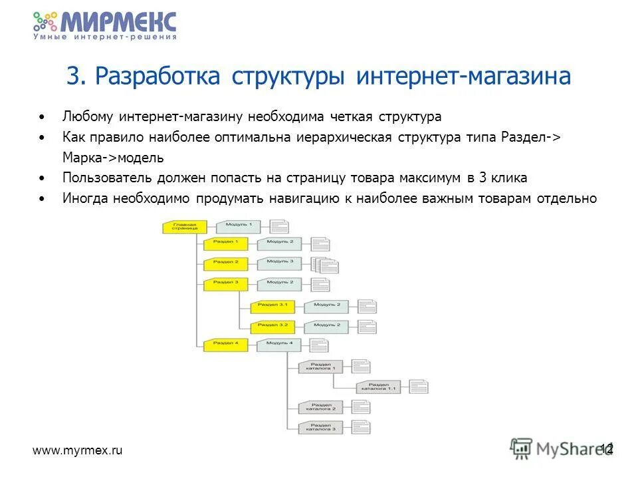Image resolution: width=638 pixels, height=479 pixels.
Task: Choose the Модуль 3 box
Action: point(280,263)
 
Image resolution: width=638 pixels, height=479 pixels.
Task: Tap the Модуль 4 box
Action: point(279,344)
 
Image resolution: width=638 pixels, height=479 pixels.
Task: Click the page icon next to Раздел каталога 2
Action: point(361,407)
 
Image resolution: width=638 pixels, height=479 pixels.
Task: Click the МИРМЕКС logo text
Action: point(118,21)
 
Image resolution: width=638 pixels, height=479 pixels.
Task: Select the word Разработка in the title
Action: point(157,77)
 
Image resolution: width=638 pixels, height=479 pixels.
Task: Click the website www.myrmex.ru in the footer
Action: point(78,450)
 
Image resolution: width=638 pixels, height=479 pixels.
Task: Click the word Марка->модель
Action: point(112,158)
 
